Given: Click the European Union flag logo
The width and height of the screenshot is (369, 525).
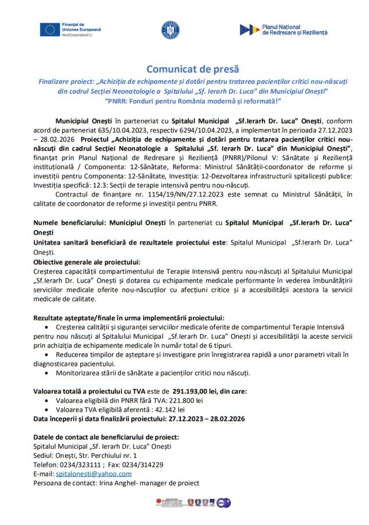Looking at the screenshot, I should point(50,30).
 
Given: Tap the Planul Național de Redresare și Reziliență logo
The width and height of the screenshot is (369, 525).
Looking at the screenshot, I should point(283,30).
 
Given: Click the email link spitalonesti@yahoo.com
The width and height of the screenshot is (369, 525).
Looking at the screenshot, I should point(94,474).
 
